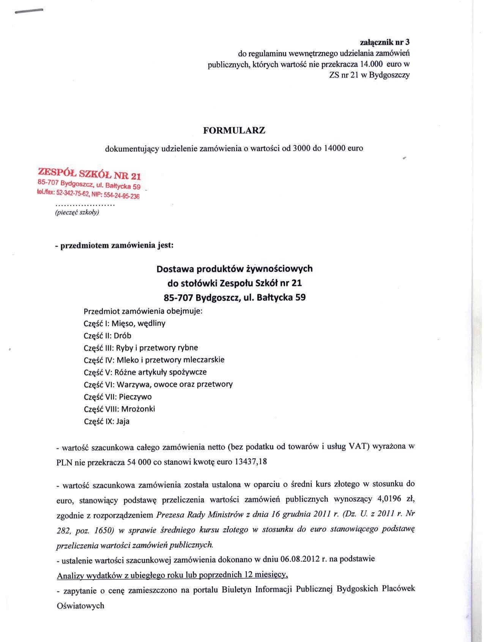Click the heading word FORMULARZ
pos(234,130)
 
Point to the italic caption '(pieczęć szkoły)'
pos(77,212)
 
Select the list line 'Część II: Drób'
pos(107,336)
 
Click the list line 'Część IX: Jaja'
pos(107,421)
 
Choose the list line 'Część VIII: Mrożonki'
pos(119,409)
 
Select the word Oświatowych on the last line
pos(80,606)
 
